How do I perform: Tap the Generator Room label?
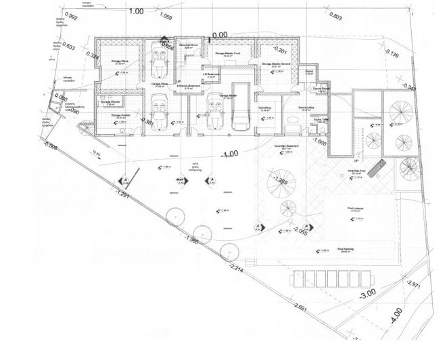pos(189,46)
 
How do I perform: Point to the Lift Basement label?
pos(213,75)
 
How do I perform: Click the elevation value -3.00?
pos(367,296)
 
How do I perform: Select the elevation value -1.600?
pos(319,143)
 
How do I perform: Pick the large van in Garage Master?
pos(239,108)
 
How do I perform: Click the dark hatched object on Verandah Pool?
pos(379,166)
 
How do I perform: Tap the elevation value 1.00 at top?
pos(135,12)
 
